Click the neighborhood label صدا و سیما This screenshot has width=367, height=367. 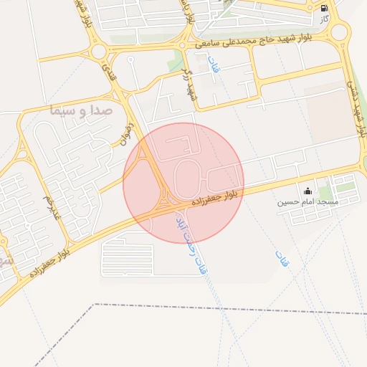(80, 110)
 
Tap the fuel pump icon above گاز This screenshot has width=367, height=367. (325, 9)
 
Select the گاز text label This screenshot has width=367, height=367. (325, 19)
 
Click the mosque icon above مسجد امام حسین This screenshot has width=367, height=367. (308, 191)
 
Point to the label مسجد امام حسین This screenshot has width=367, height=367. (308, 203)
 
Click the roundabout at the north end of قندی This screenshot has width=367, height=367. (98, 52)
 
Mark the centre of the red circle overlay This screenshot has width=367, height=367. (183, 183)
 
